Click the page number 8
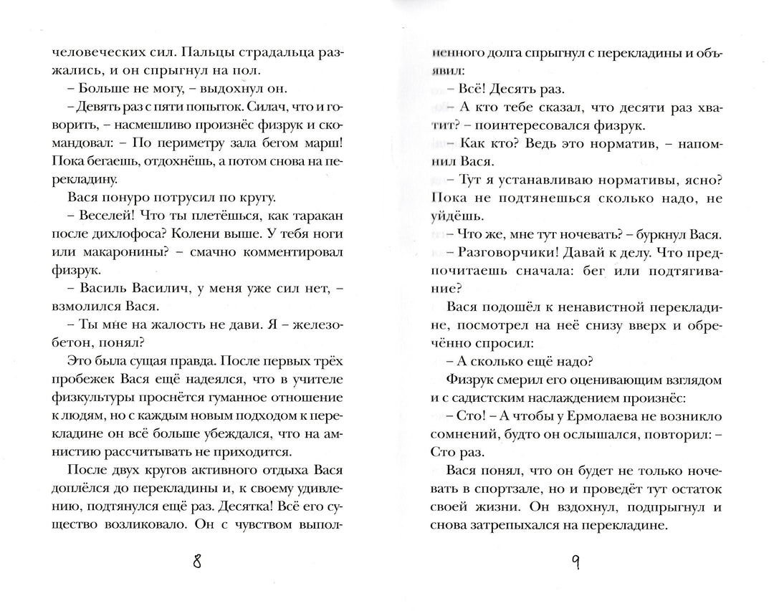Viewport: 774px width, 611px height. (197, 561)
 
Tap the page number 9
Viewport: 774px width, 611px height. (575, 561)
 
